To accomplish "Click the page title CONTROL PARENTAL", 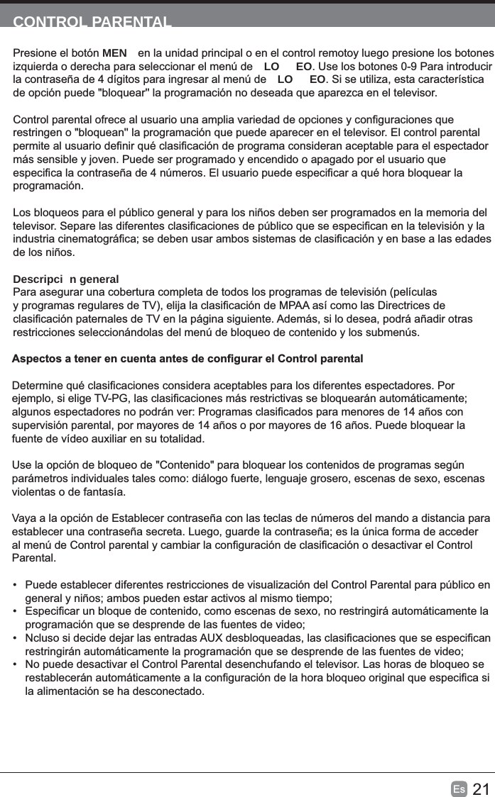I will pos(92,21).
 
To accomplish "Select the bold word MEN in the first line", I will pos(115,54).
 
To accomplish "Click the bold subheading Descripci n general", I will pos(66,279).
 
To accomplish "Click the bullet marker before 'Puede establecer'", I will pos(15,585).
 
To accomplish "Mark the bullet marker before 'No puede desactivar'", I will pos(15,664).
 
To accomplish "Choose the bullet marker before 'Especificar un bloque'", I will pos(15,611).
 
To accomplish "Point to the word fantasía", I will pos(102,491).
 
